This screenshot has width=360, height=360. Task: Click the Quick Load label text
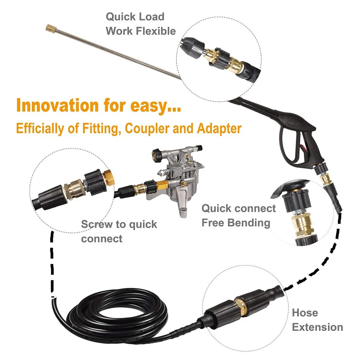(135, 17)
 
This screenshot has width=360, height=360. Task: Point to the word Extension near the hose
(317, 327)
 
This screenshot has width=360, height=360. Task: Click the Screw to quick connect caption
(119, 231)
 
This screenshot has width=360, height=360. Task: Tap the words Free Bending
(235, 222)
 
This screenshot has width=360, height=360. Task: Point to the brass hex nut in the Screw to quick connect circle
(107, 177)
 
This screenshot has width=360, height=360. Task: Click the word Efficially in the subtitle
(39, 129)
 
